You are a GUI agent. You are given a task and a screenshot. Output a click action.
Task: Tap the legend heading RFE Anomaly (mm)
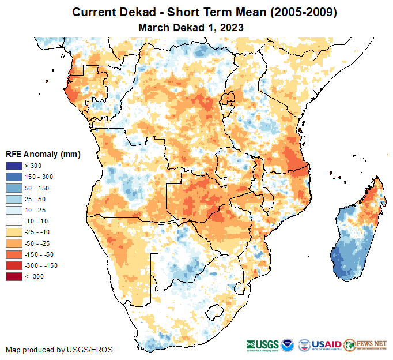(43, 155)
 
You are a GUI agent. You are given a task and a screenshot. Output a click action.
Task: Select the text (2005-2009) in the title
(300, 12)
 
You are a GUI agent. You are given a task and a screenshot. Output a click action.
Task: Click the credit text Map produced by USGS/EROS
(59, 350)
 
